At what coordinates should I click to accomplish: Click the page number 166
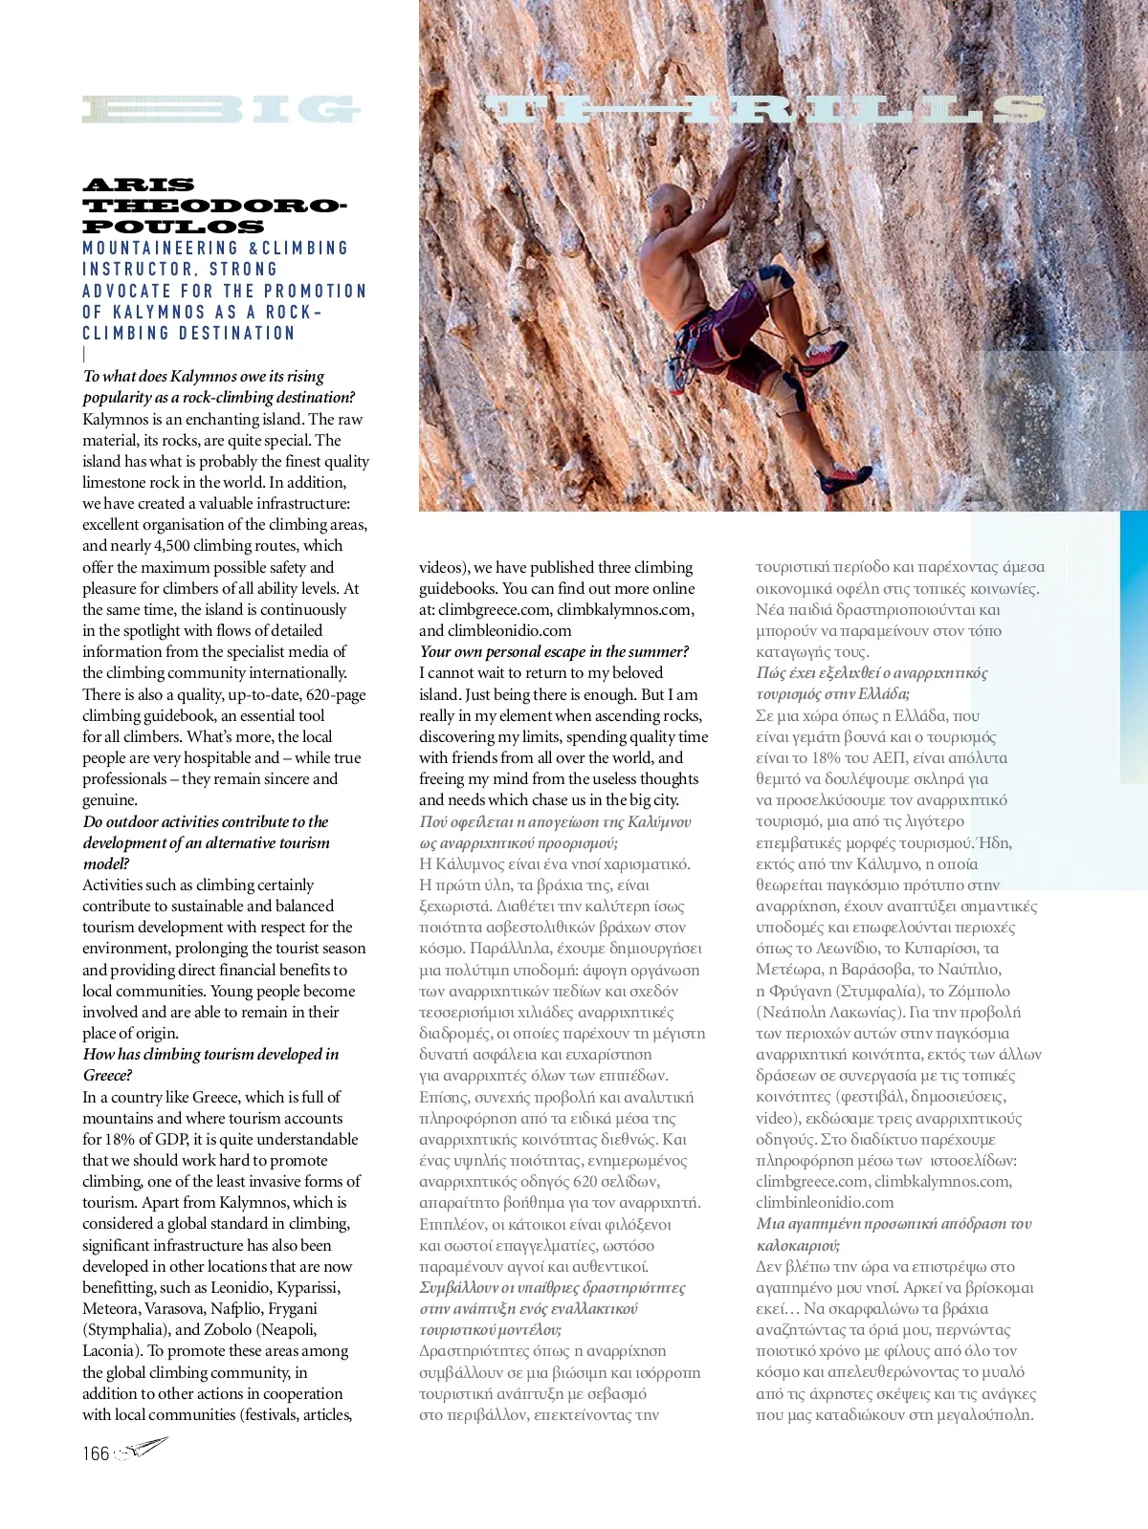pyautogui.click(x=96, y=1454)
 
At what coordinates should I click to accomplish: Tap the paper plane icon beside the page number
pyautogui.click(x=143, y=1449)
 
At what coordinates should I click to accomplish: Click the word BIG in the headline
pyautogui.click(x=221, y=110)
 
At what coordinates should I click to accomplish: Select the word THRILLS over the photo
pyautogui.click(x=765, y=110)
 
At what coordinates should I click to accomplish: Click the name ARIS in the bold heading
pyautogui.click(x=138, y=186)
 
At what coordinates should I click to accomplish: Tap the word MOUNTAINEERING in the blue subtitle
pyautogui.click(x=160, y=249)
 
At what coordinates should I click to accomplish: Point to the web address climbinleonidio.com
pyautogui.click(x=825, y=1203)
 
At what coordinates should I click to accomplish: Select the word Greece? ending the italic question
pyautogui.click(x=107, y=1076)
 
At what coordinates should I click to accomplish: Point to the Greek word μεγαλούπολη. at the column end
pyautogui.click(x=987, y=1415)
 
